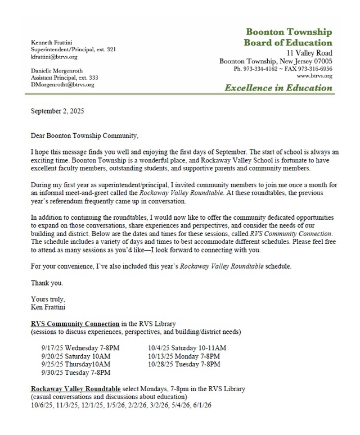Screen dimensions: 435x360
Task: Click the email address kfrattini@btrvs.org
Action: pos(54,57)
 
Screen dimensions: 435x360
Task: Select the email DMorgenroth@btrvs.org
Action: pos(62,84)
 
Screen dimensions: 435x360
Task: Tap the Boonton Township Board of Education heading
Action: pos(288,37)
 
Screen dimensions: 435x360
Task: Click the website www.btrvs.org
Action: pos(314,75)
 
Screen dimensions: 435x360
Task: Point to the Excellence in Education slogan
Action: pos(278,87)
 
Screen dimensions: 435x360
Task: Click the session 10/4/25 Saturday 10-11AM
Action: pos(187,348)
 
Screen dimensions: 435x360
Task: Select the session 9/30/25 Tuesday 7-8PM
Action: pos(75,372)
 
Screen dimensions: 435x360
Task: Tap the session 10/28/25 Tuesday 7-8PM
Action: pos(184,364)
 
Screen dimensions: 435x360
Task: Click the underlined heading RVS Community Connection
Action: pos(75,324)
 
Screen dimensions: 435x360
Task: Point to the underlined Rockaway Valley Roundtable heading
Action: pos(76,389)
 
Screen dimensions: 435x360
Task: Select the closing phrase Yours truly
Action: pos(48,299)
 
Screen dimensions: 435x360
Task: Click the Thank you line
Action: pos(47,283)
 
